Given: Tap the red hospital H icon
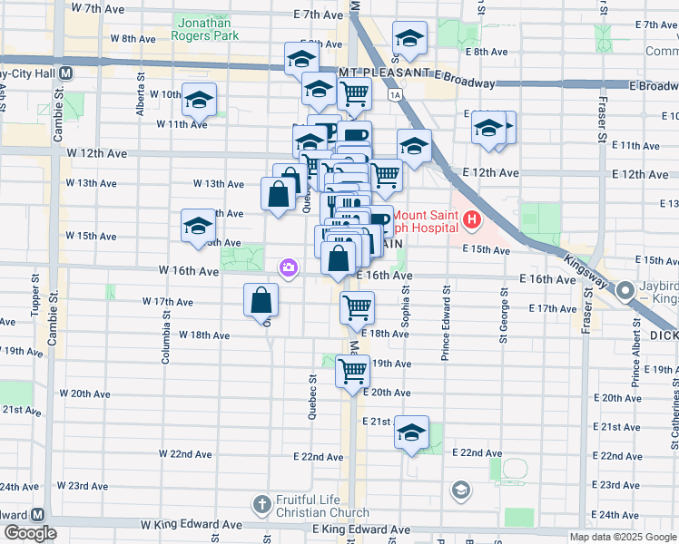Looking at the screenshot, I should point(471,219).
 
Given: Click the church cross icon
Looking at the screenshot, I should point(261,504).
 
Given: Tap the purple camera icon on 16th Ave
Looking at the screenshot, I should point(289,267).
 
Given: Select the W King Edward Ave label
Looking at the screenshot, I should point(191,525).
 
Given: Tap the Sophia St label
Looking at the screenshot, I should point(406,306).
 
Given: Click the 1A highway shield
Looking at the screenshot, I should point(394,94).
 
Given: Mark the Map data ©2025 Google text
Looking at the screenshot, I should point(622,537).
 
